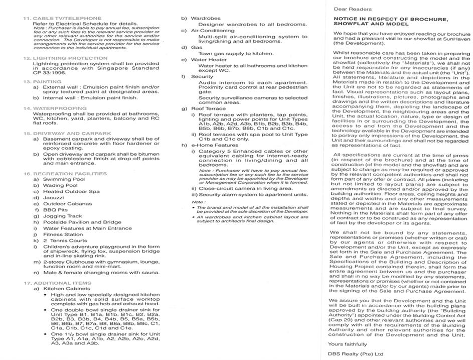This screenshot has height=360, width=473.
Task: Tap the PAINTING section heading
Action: (x=48, y=81)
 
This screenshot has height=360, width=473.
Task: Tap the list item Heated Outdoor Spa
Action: (x=71, y=191)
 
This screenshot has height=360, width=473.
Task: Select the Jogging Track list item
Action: (x=63, y=216)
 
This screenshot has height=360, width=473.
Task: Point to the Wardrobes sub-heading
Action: (x=206, y=18)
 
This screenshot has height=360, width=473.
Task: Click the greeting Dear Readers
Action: (x=353, y=9)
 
